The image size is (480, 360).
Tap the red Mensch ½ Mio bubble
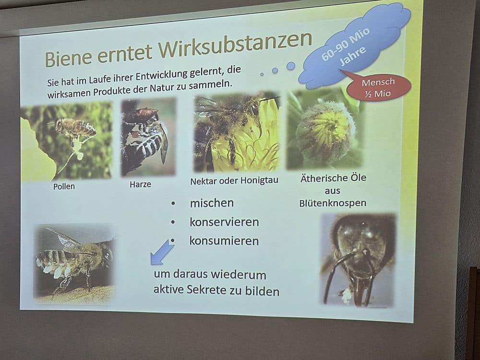point(379,87)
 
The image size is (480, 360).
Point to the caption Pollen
point(64,186)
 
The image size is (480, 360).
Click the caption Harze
point(140,184)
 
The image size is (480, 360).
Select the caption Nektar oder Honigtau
point(234,180)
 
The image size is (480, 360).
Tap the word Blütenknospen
point(333,203)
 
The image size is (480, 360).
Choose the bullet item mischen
point(212,203)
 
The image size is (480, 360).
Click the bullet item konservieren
point(224,222)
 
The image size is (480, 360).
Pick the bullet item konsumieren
point(224,241)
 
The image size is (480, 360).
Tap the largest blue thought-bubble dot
point(291,66)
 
